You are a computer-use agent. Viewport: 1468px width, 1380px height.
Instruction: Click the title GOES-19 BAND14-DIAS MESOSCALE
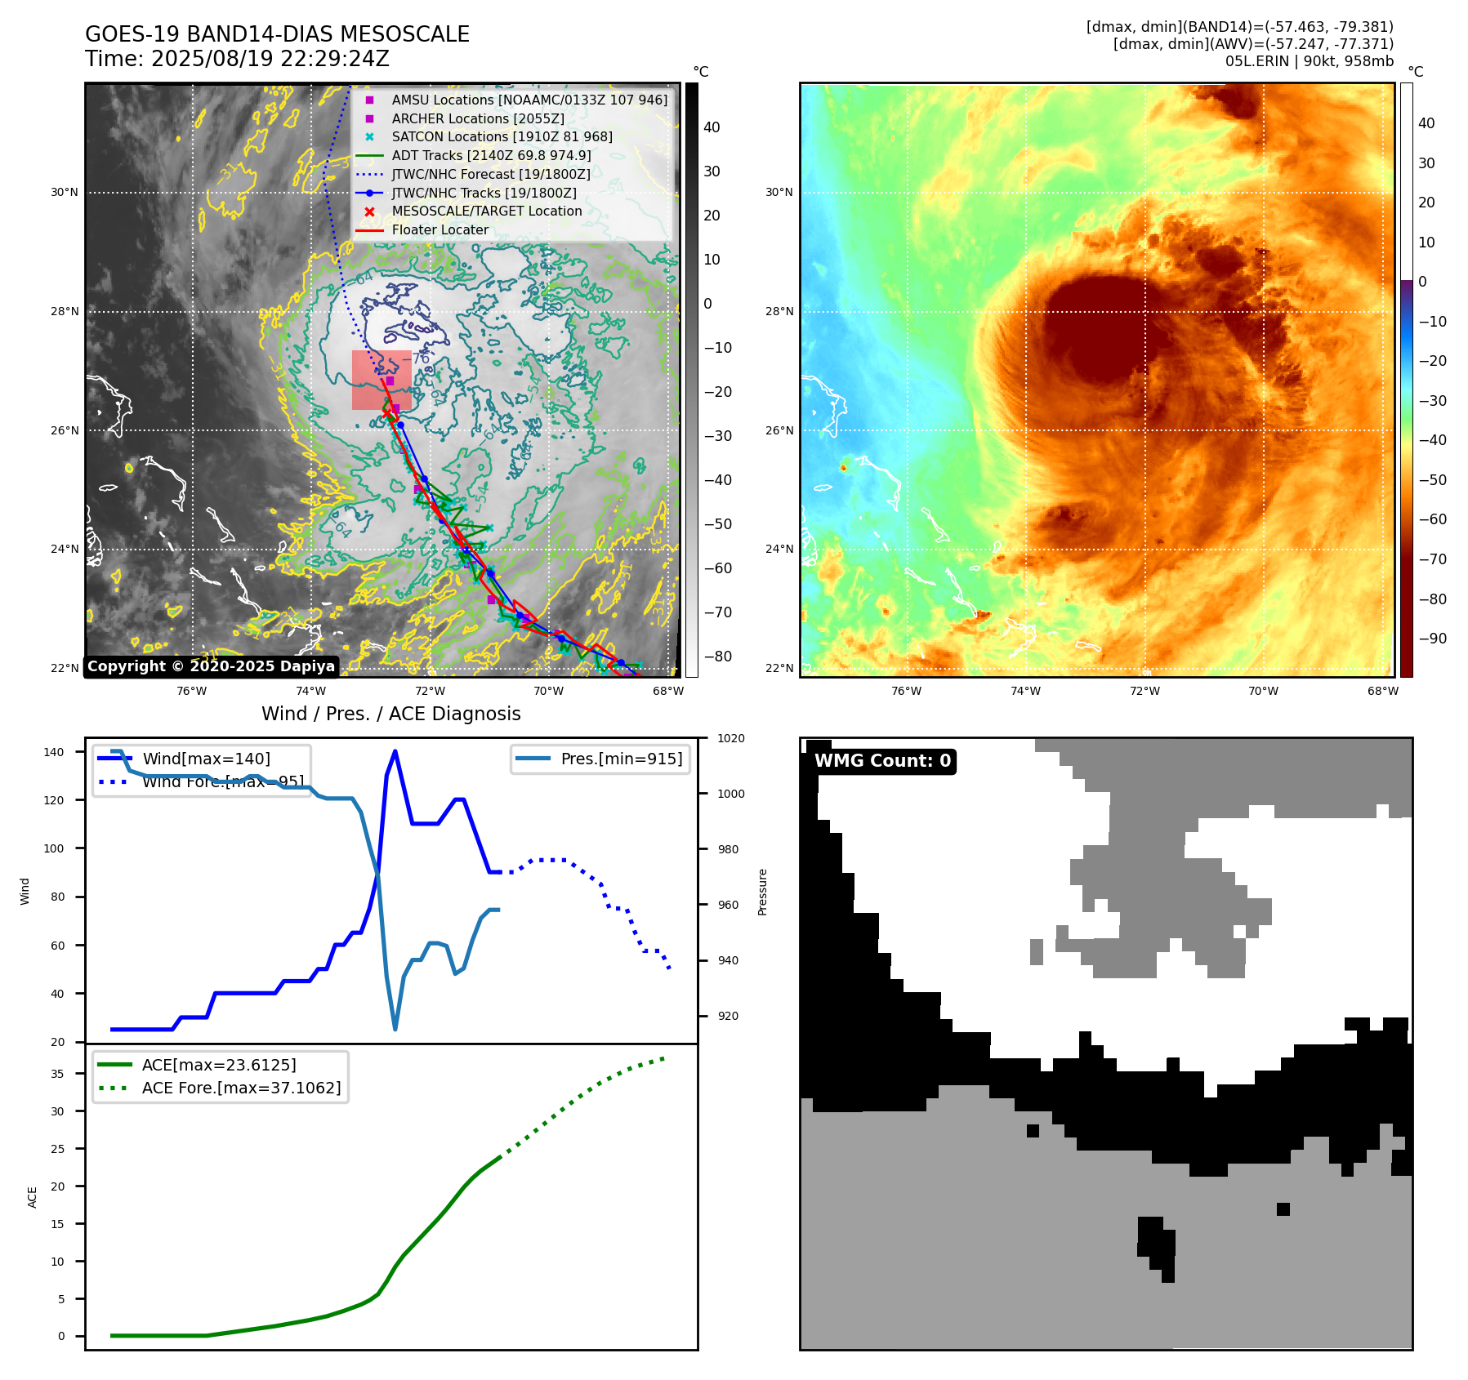click(277, 34)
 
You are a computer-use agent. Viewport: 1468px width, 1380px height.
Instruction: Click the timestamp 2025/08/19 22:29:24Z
click(270, 59)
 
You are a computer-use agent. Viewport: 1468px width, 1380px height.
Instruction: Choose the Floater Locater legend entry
click(440, 229)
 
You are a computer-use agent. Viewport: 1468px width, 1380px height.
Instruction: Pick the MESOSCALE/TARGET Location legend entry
click(486, 211)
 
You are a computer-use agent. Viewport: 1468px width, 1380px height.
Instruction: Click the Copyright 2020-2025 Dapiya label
click(211, 666)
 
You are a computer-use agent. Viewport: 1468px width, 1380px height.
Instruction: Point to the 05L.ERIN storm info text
click(1309, 61)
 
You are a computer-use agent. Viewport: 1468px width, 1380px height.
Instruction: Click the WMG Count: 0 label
click(882, 761)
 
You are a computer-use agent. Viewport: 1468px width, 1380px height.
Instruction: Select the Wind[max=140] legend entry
click(206, 759)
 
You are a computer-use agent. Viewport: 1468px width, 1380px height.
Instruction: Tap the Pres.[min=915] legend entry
click(621, 759)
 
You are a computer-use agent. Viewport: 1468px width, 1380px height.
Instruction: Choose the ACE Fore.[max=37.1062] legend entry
click(241, 1088)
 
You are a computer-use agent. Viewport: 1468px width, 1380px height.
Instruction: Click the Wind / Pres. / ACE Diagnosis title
click(390, 714)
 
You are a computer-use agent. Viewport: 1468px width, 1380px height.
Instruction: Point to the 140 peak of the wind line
click(395, 751)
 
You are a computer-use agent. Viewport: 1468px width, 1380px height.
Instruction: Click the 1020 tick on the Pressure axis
click(730, 738)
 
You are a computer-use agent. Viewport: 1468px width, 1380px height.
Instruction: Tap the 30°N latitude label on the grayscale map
click(65, 193)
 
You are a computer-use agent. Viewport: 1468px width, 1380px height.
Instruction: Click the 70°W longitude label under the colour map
click(1263, 691)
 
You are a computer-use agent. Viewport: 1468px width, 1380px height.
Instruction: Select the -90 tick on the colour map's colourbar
click(1432, 639)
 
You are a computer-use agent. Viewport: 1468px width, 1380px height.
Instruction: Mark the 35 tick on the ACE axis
click(57, 1074)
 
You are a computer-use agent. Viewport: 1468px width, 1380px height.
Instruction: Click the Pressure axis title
click(762, 892)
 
